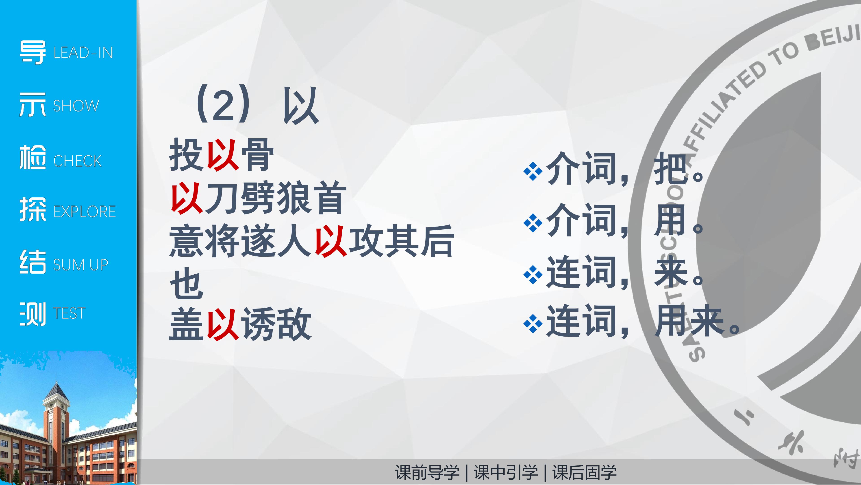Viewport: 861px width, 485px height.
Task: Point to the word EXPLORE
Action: tap(85, 212)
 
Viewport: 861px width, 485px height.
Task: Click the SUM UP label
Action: tap(80, 265)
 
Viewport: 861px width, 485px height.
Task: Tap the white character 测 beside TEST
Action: tap(33, 314)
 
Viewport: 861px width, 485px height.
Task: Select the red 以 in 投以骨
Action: tap(223, 155)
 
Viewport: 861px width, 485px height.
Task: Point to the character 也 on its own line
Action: tap(187, 283)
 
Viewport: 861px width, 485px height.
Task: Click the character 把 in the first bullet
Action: tap(670, 168)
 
